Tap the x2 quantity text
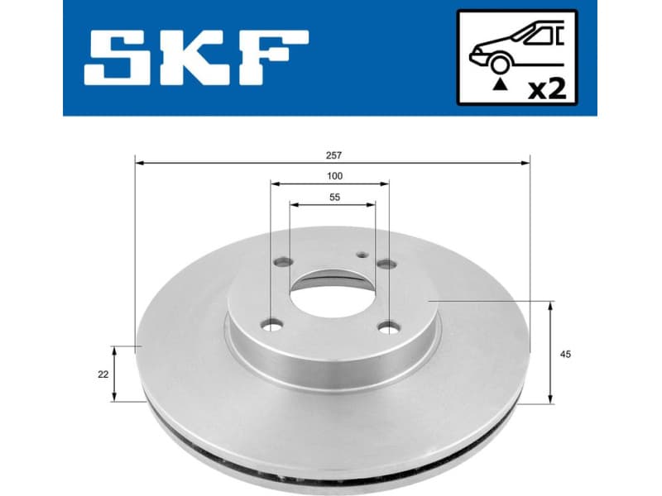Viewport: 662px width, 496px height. (547, 88)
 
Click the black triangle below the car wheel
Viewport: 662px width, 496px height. (498, 84)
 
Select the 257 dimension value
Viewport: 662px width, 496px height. (333, 155)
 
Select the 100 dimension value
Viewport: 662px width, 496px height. (333, 176)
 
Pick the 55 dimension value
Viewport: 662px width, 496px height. (334, 198)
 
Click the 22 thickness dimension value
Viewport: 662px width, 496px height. (103, 374)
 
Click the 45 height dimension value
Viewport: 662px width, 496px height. (565, 354)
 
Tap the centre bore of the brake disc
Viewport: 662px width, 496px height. (331, 293)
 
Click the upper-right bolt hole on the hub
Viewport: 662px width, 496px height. (386, 265)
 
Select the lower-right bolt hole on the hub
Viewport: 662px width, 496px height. (388, 328)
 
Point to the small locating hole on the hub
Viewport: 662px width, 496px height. (361, 255)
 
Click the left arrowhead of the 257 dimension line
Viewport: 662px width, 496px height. (139, 163)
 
